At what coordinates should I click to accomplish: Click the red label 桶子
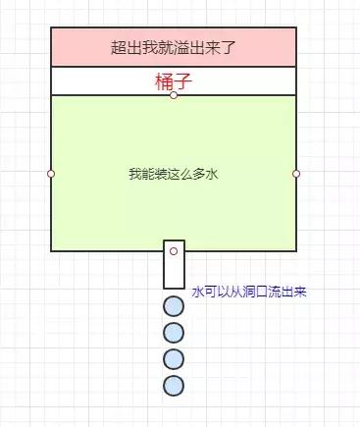coord(173,80)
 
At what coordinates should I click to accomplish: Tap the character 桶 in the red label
coord(164,80)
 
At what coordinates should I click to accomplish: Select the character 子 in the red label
coord(181,80)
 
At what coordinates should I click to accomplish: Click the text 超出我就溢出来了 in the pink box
coord(173,46)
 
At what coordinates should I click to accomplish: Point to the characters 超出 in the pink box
coord(124,46)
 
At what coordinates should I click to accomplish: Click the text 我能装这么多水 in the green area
coord(173,174)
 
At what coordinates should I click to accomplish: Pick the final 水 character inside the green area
coord(211,174)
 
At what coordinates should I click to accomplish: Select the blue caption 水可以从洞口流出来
coord(249,292)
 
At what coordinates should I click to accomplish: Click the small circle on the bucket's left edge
coord(51,174)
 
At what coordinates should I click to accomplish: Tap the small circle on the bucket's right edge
coord(296,174)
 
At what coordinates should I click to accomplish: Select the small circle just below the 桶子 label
coord(174,95)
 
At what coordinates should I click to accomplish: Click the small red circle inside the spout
coord(174,252)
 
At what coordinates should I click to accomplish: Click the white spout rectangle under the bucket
coord(174,273)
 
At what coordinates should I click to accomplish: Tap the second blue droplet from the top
coord(174,332)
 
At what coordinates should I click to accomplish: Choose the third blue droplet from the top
coord(174,358)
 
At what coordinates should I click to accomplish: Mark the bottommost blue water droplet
coord(174,385)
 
